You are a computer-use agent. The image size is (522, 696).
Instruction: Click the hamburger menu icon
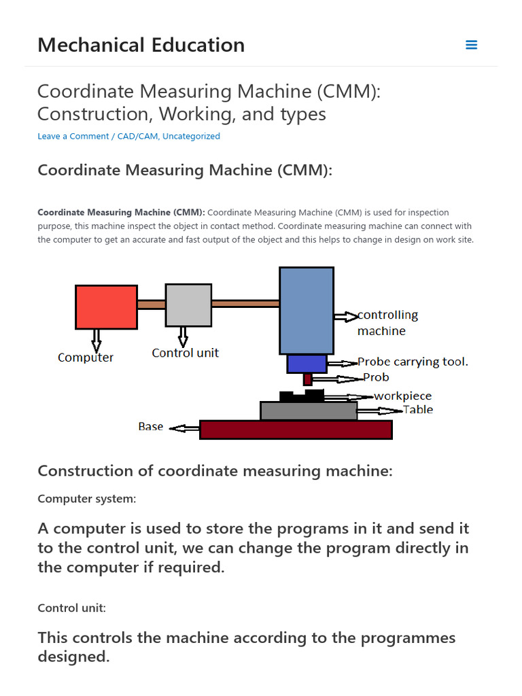[471, 45]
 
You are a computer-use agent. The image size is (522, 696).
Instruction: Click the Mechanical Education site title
[141, 45]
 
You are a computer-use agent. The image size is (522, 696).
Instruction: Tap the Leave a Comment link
[73, 136]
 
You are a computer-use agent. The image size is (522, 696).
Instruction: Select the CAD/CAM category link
[137, 136]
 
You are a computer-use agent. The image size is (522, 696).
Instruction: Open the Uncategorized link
[191, 136]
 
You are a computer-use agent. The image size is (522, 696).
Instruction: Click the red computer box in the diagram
[106, 307]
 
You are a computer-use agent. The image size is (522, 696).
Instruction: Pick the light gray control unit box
[188, 305]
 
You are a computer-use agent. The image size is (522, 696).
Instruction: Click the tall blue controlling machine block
[306, 310]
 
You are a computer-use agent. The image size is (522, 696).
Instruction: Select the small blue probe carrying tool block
[307, 364]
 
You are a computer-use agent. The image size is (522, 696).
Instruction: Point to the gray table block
[309, 411]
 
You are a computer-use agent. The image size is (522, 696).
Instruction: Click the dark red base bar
[296, 430]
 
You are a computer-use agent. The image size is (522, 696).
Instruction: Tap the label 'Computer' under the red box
[86, 358]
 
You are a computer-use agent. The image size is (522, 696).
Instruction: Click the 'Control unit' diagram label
[185, 353]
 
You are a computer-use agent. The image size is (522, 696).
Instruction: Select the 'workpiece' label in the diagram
[402, 396]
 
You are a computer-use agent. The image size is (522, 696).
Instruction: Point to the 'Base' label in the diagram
[150, 427]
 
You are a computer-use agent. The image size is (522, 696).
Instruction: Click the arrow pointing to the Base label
[184, 428]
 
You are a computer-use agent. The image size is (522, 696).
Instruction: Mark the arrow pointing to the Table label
[379, 411]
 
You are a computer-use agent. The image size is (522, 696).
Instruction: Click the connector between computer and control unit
[152, 304]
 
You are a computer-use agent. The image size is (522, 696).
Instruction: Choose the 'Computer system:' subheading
[86, 499]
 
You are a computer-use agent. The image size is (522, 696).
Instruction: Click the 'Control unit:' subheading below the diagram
[71, 608]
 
